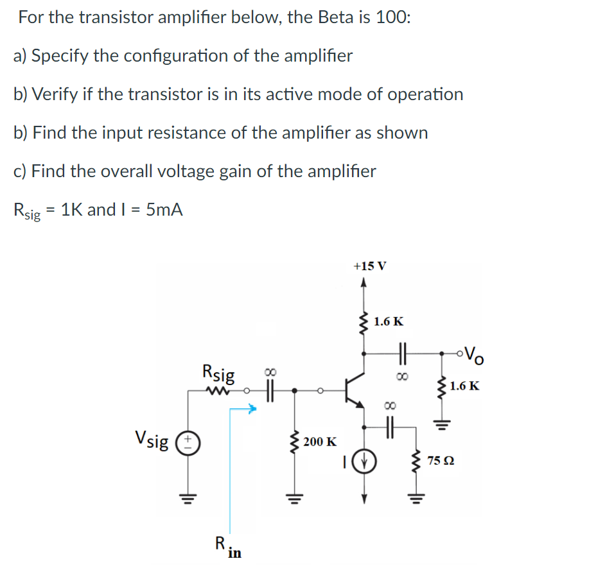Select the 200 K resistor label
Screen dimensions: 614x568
[x=319, y=442]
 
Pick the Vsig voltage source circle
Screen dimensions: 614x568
[x=189, y=442]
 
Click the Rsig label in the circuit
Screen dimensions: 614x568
[x=218, y=373]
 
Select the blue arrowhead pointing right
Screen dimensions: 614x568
[x=252, y=407]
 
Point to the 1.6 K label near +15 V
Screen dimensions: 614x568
[x=389, y=322]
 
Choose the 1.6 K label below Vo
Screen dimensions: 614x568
[x=464, y=386]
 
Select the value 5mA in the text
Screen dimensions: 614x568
[x=164, y=209]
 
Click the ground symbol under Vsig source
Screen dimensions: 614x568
[x=189, y=496]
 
